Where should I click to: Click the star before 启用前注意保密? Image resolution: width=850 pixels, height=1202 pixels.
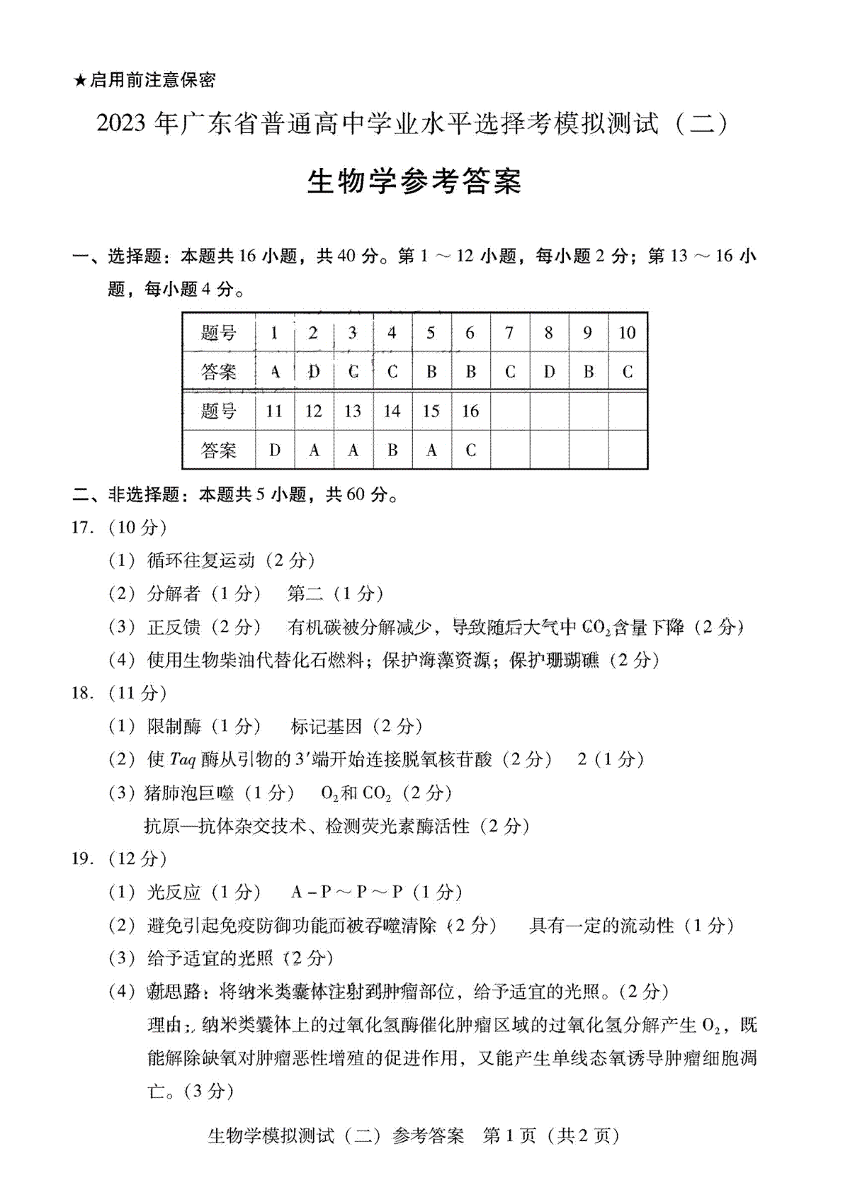pos(80,80)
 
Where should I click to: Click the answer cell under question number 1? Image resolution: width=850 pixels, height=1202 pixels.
pos(275,372)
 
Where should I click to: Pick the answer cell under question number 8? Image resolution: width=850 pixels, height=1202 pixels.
pos(549,372)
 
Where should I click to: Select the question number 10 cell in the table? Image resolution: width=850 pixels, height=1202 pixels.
pos(627,333)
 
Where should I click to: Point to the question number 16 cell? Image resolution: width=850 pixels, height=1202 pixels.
pos(470,411)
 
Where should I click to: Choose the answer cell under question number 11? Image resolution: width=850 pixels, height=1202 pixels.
pos(275,450)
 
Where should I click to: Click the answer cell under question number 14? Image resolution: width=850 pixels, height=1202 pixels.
pos(392,450)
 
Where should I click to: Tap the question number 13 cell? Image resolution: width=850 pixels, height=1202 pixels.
pos(353,411)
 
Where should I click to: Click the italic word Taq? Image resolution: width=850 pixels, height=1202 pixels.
pos(183,760)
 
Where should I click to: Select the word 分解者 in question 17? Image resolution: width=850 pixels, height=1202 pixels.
pos(174,594)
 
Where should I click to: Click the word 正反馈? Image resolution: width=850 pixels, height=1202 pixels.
pos(174,627)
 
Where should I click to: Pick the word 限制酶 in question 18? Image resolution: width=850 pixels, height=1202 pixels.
pos(174,727)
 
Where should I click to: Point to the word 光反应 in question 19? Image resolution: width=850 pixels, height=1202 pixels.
pos(174,892)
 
